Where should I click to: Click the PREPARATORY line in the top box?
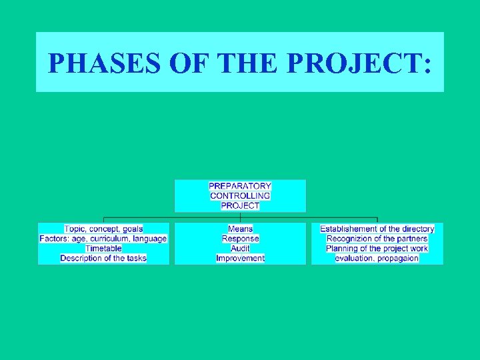tap(240, 186)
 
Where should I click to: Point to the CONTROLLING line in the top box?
tap(240, 196)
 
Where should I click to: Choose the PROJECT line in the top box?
tap(240, 206)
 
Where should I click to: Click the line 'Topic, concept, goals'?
tap(103, 229)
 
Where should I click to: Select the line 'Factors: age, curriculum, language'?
tap(103, 239)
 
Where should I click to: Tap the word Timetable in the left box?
tap(103, 248)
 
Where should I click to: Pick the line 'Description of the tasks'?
tap(103, 258)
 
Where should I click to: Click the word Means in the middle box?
tap(240, 229)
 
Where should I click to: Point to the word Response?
tap(240, 239)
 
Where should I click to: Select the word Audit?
tap(240, 248)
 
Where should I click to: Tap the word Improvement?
tap(240, 258)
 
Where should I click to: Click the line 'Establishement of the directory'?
tap(377, 229)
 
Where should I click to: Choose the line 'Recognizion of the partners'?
tap(377, 239)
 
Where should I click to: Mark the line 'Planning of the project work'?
tap(377, 248)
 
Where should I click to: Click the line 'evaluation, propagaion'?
tap(377, 258)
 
